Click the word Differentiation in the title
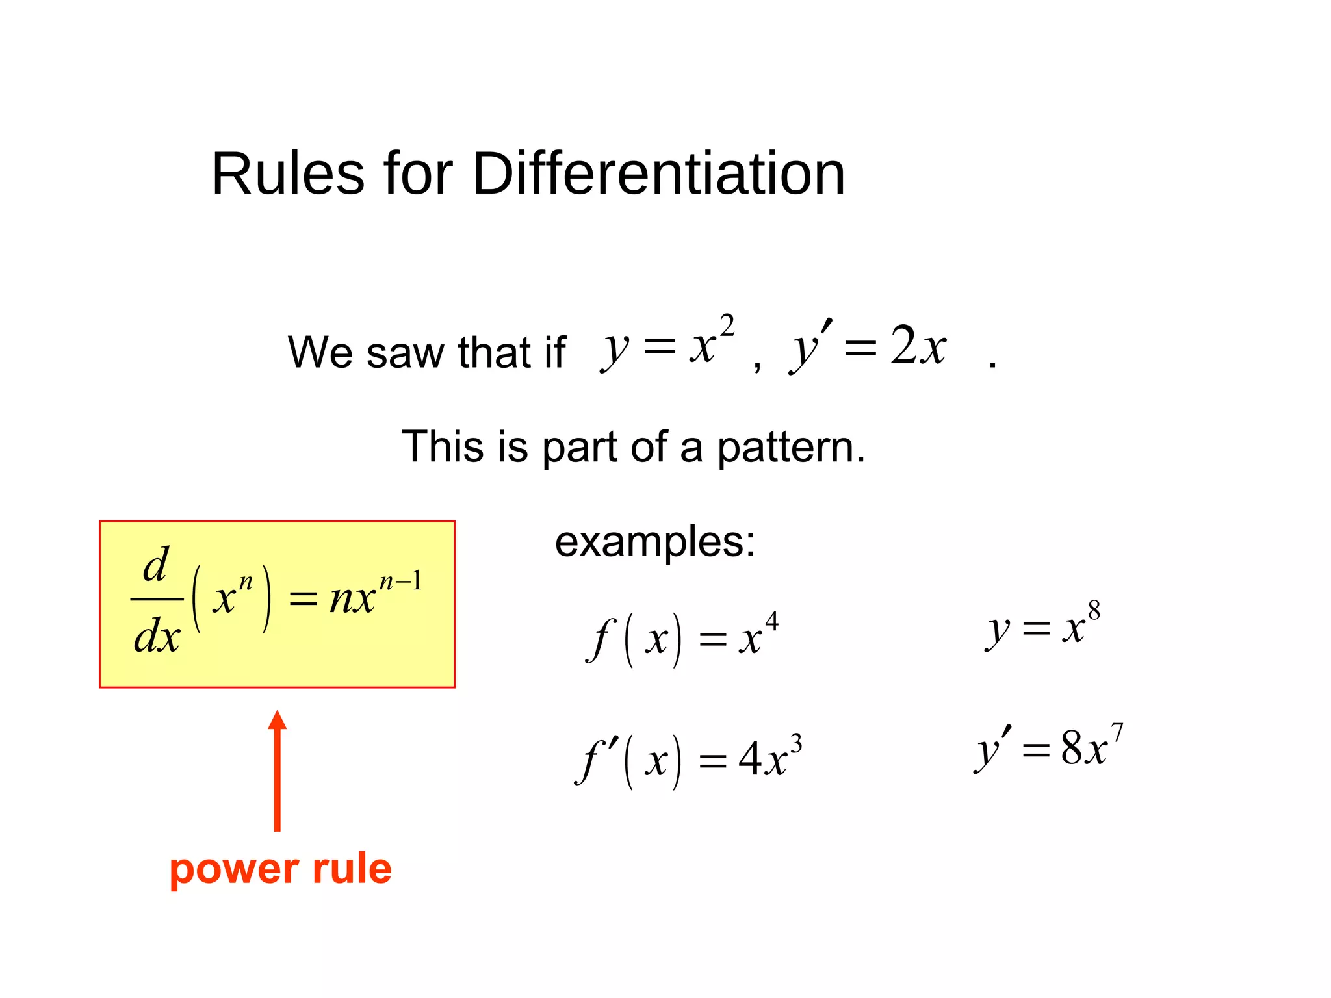point(658,174)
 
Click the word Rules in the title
point(288,174)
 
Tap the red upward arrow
point(278,771)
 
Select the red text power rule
point(281,869)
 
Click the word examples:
point(655,542)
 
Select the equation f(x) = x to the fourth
point(682,639)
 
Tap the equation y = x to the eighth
point(1043,626)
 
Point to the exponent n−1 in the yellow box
point(400,580)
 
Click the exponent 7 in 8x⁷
point(1117,733)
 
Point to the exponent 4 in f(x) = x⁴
point(771,622)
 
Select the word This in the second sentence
point(443,447)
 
